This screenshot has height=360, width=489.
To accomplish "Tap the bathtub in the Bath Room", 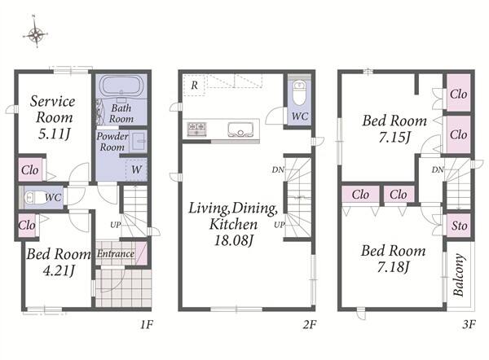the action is (x=121, y=86).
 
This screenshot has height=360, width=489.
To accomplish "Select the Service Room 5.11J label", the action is (x=53, y=117).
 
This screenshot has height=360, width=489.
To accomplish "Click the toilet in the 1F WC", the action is (x=33, y=197).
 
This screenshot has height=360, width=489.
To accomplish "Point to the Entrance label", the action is (x=116, y=254).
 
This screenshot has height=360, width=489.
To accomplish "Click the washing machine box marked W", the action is (x=136, y=170).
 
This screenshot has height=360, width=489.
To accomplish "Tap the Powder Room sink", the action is (x=139, y=142).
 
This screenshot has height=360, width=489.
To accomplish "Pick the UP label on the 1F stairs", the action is (x=116, y=225).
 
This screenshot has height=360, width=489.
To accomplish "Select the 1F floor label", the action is (x=146, y=325).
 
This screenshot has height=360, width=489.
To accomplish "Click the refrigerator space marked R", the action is (x=194, y=85).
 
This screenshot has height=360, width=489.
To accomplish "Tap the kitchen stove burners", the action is (x=196, y=129).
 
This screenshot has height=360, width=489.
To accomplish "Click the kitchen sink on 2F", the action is (x=240, y=130).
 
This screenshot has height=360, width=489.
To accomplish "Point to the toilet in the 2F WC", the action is (x=300, y=93).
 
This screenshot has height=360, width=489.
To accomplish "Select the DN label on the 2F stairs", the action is (x=278, y=170).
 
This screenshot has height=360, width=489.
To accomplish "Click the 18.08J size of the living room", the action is (x=233, y=240).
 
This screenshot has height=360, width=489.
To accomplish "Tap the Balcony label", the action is (x=458, y=274).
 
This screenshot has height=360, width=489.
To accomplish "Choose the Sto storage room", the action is (x=459, y=226).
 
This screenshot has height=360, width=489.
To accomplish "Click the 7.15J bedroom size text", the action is (x=394, y=137).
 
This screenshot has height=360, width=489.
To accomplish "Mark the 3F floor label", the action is (x=469, y=325).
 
